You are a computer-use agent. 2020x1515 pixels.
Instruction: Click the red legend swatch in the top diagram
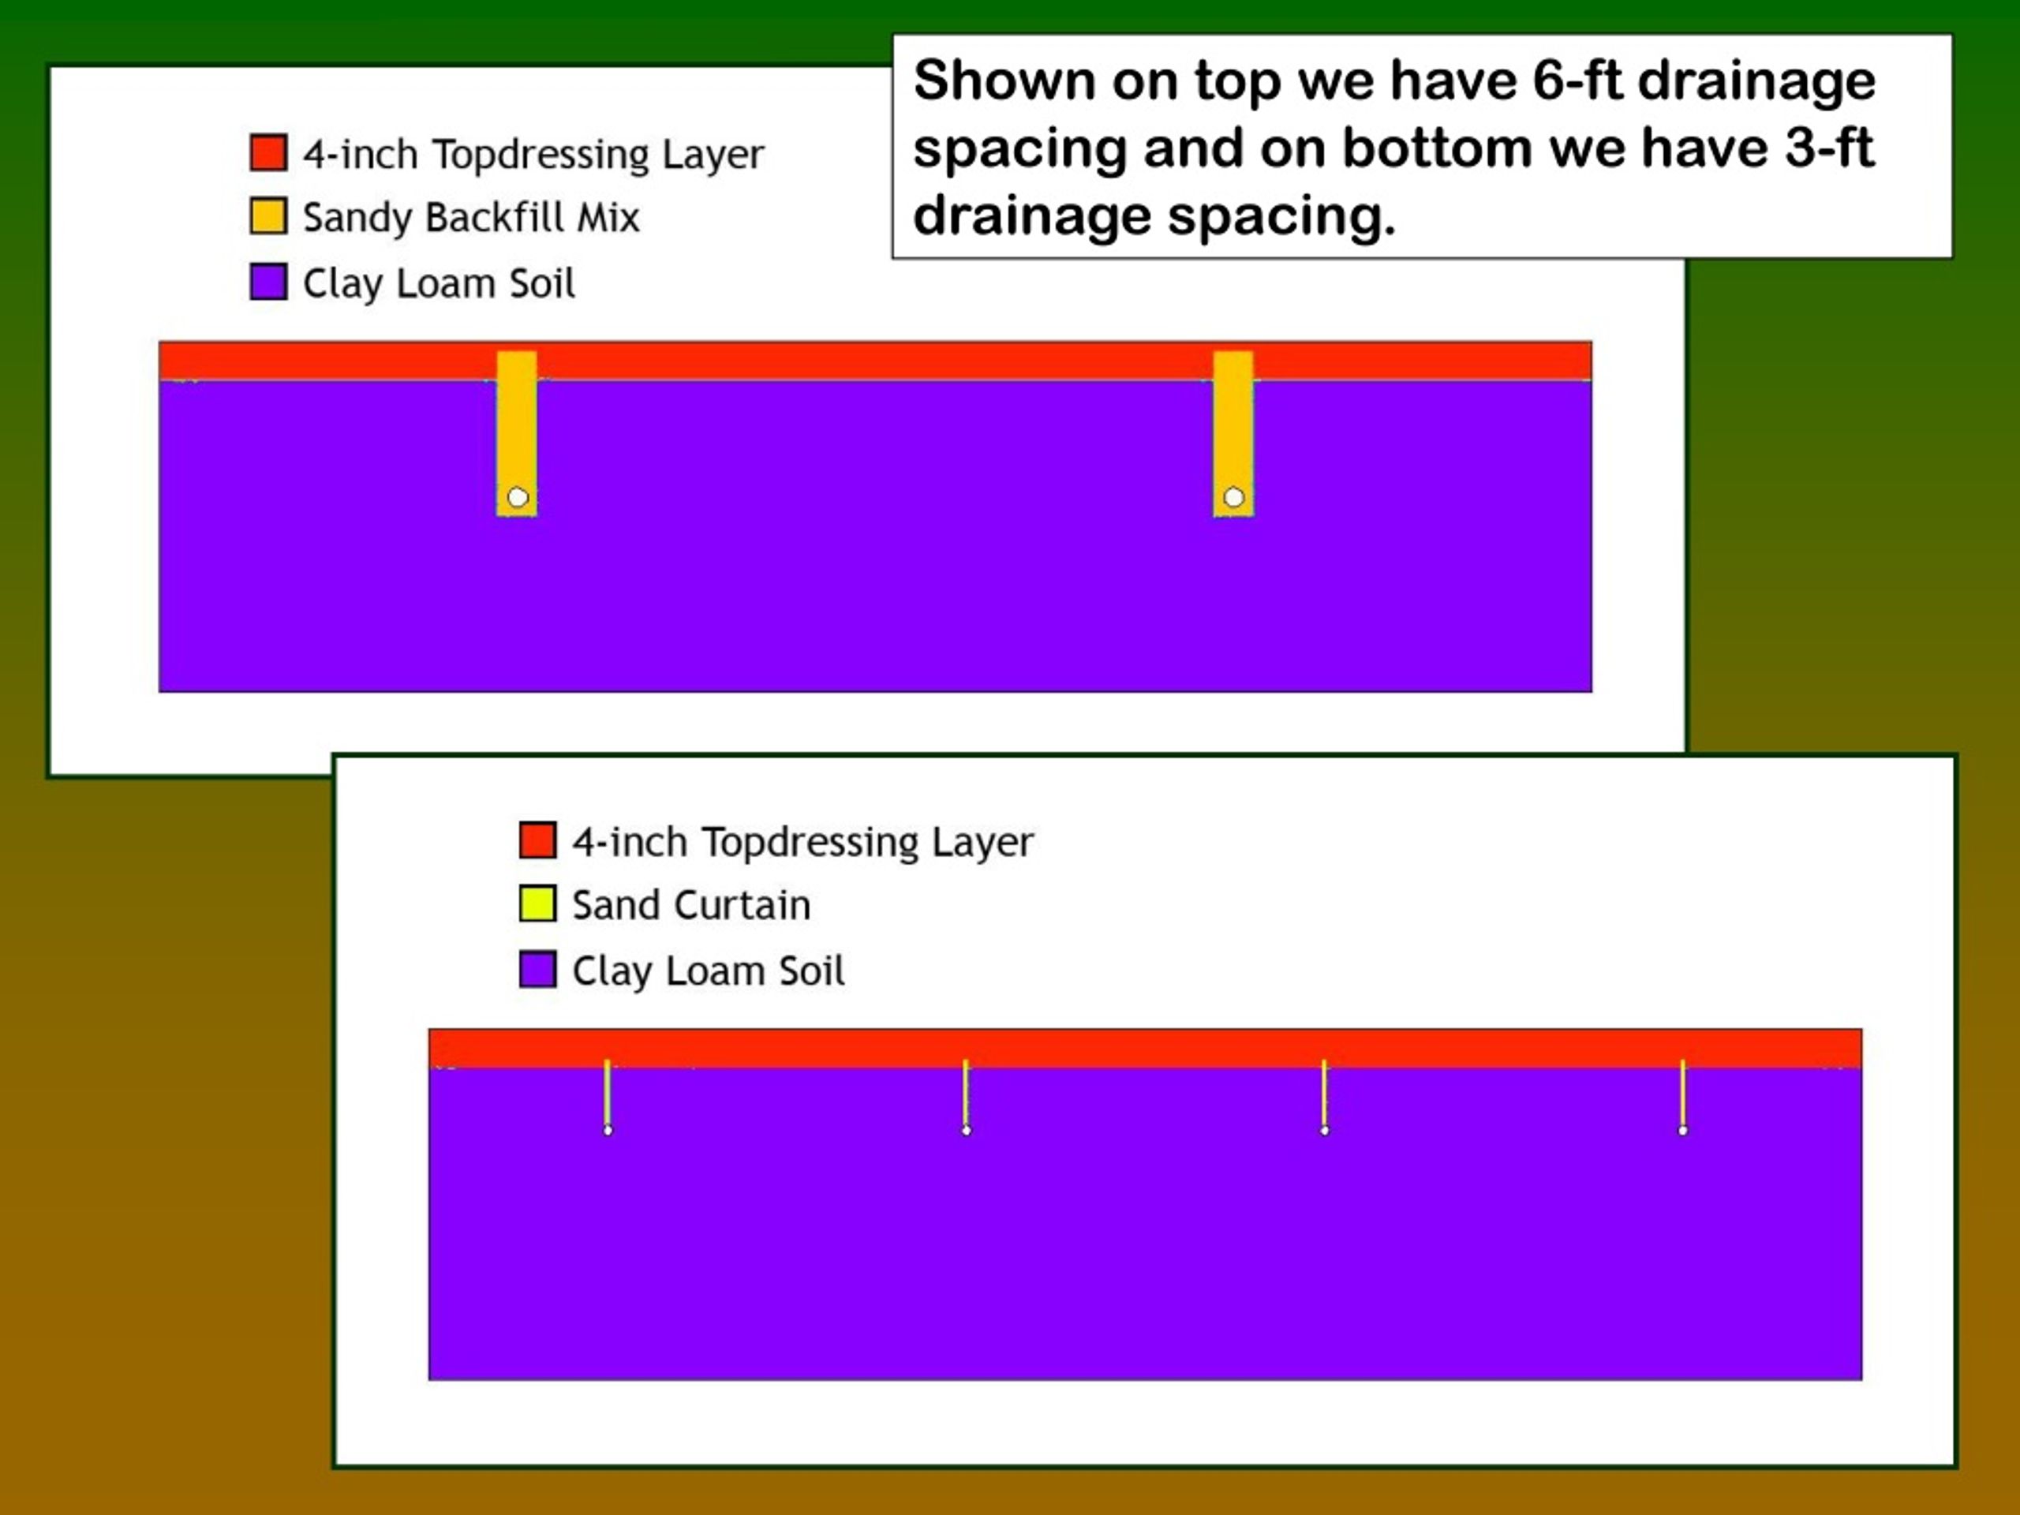[x=268, y=152]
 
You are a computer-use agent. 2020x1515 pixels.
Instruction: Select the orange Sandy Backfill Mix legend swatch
[x=268, y=216]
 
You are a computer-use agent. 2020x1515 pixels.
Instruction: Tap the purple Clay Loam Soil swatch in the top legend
[x=268, y=281]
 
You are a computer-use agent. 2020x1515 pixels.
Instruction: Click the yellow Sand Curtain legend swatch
[x=538, y=904]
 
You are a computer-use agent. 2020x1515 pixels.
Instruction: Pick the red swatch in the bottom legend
[x=538, y=840]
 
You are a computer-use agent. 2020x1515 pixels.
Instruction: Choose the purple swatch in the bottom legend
[x=538, y=969]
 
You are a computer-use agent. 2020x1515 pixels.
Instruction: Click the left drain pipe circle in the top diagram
[x=518, y=498]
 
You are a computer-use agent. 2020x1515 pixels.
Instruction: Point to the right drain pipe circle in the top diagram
[x=1234, y=498]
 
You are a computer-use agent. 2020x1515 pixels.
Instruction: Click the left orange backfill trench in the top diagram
[x=517, y=434]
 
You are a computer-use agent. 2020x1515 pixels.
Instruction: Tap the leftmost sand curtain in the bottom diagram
[x=608, y=1095]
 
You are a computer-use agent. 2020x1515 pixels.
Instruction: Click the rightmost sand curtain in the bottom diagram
[x=1683, y=1095]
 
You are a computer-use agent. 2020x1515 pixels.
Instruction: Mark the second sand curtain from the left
[x=966, y=1095]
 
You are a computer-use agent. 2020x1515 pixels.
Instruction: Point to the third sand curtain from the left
[x=1324, y=1095]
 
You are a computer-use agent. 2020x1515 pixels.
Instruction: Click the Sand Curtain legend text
[x=691, y=905]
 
